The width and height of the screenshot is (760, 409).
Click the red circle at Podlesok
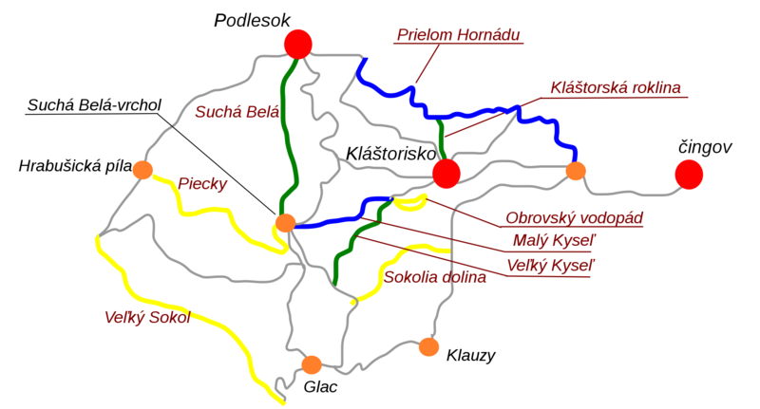click(298, 44)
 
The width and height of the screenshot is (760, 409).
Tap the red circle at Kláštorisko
click(446, 173)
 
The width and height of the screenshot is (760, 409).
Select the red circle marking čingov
click(689, 174)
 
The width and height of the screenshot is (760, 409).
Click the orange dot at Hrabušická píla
click(142, 170)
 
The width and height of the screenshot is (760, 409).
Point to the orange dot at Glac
click(311, 364)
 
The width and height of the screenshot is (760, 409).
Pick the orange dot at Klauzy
click(428, 346)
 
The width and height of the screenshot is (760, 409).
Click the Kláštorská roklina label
click(616, 87)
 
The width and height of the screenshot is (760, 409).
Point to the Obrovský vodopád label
click(574, 218)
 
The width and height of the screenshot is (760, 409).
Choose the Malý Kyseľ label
click(552, 240)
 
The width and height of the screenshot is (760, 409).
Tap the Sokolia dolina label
click(435, 277)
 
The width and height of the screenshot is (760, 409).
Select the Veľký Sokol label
click(147, 317)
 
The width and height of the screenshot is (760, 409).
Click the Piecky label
click(202, 184)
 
